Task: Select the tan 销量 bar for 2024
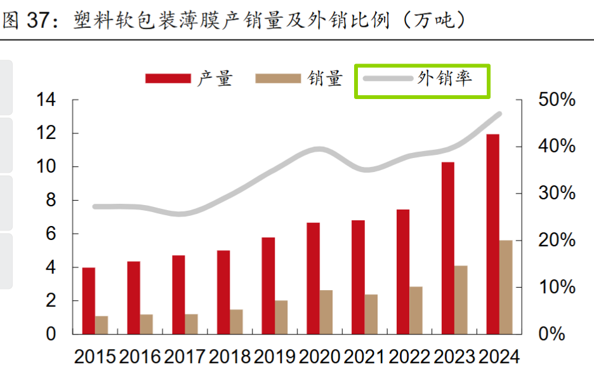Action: [506, 287]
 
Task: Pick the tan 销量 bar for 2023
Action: [461, 300]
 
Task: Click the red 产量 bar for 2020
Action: [313, 278]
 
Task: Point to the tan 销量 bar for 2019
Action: [281, 317]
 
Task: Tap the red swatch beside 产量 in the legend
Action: [168, 79]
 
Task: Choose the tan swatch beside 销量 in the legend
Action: [278, 79]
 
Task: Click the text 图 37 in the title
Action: [25, 20]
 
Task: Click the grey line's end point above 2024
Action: [499, 114]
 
